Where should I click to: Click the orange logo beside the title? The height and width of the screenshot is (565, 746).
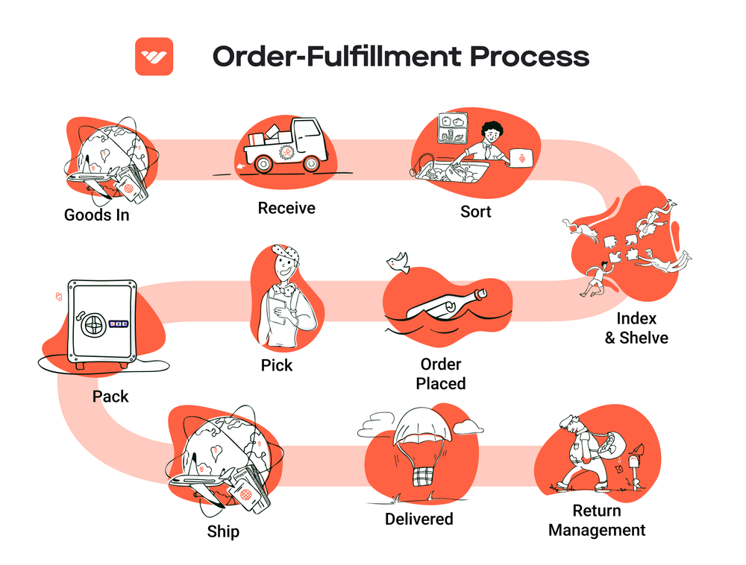[x=154, y=57]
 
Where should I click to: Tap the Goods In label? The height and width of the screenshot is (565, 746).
[x=96, y=215]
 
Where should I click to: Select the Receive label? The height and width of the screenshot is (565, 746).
[x=286, y=208]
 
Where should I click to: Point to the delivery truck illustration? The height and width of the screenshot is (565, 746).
[x=288, y=146]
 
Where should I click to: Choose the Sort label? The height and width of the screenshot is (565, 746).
[x=475, y=212]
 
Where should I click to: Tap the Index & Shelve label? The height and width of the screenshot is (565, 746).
[x=636, y=329]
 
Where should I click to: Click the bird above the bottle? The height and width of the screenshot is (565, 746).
[x=398, y=261]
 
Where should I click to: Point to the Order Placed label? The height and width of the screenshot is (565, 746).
[x=441, y=374]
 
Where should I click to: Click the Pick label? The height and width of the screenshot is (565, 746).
[x=277, y=365]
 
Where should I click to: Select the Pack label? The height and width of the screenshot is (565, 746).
[x=110, y=397]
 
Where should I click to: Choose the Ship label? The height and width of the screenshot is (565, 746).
[x=223, y=532]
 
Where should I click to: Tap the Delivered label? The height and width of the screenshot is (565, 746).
[x=419, y=518]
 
